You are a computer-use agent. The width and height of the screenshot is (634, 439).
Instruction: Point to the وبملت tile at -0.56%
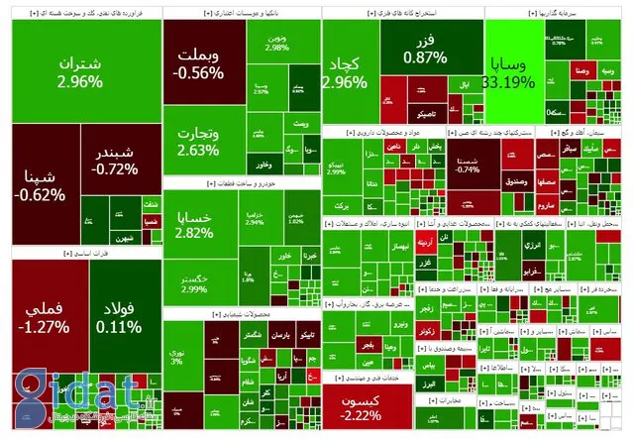[204, 64]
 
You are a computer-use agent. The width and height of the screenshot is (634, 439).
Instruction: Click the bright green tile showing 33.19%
[511, 74]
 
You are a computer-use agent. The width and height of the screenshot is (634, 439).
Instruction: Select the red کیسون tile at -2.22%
[361, 406]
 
